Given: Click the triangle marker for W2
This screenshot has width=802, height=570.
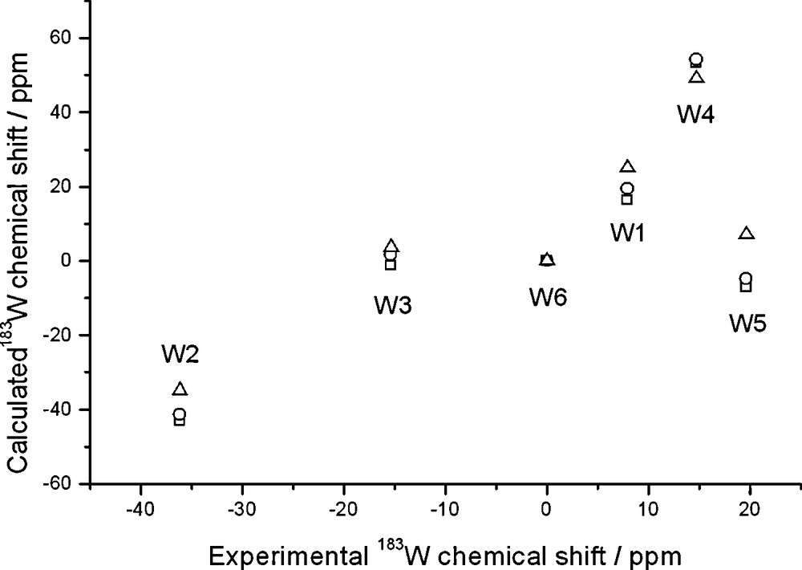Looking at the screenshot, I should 180,389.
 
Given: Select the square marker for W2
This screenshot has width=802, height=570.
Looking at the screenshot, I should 180,420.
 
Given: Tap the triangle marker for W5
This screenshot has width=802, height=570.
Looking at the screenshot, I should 747,234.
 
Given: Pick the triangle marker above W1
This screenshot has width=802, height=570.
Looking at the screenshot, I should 628,167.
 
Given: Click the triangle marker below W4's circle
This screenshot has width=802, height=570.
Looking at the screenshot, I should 696,77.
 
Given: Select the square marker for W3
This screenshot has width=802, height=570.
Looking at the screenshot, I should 391,264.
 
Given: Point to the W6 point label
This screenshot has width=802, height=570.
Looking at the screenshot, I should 548,296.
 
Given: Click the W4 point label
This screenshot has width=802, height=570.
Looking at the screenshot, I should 695,114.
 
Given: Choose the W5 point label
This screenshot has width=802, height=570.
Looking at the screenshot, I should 747,324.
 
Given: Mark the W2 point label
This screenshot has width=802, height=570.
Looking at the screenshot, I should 180,353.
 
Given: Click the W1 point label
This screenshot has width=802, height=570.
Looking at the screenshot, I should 630,233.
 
